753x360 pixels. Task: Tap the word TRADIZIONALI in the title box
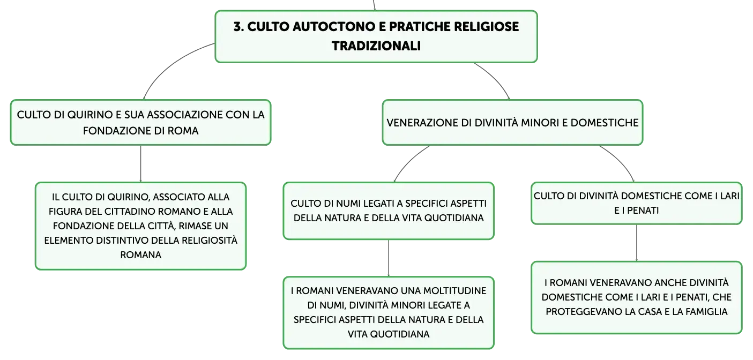pyautogui.click(x=376, y=46)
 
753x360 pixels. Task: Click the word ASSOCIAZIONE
pyautogui.click(x=180, y=115)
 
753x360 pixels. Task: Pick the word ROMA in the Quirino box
pyautogui.click(x=183, y=131)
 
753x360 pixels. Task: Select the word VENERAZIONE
pyautogui.click(x=422, y=123)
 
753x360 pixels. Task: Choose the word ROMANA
pyautogui.click(x=141, y=255)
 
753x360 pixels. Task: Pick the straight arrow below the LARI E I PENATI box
pyautogui.click(x=637, y=243)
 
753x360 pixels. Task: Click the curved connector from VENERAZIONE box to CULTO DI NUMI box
pyautogui.click(x=409, y=160)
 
